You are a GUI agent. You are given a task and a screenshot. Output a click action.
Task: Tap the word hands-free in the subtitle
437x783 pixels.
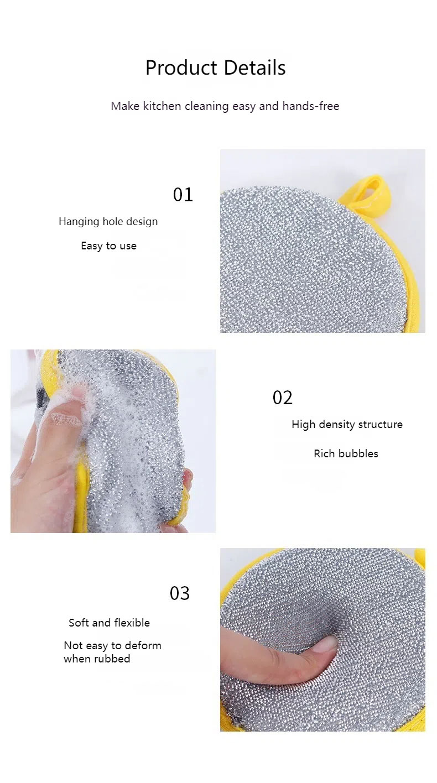[x=311, y=106]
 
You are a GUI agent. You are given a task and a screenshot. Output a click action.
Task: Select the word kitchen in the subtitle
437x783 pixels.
[x=162, y=106]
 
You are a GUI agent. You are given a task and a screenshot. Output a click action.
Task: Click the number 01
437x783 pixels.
[x=183, y=195]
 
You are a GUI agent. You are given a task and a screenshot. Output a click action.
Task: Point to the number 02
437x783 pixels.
[x=282, y=398]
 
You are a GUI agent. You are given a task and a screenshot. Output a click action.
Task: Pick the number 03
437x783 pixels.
[x=179, y=593]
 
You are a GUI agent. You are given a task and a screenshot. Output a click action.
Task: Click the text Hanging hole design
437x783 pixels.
[x=108, y=222]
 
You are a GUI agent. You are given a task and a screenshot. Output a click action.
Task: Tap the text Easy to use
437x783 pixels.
[x=108, y=246]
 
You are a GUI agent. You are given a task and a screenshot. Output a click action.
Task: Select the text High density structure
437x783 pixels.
[x=347, y=425]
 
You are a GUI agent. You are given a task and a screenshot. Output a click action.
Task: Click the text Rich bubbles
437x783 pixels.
[x=346, y=453]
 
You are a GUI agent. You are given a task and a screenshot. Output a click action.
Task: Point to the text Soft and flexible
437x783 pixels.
[x=109, y=623]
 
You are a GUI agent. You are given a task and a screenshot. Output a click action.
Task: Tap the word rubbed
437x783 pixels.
[x=112, y=659]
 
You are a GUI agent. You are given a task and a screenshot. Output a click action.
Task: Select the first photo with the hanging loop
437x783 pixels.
[x=322, y=241]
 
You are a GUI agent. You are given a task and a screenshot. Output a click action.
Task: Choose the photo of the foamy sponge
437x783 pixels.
[x=113, y=441]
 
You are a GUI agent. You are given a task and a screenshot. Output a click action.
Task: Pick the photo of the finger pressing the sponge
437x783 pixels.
[x=322, y=640]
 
